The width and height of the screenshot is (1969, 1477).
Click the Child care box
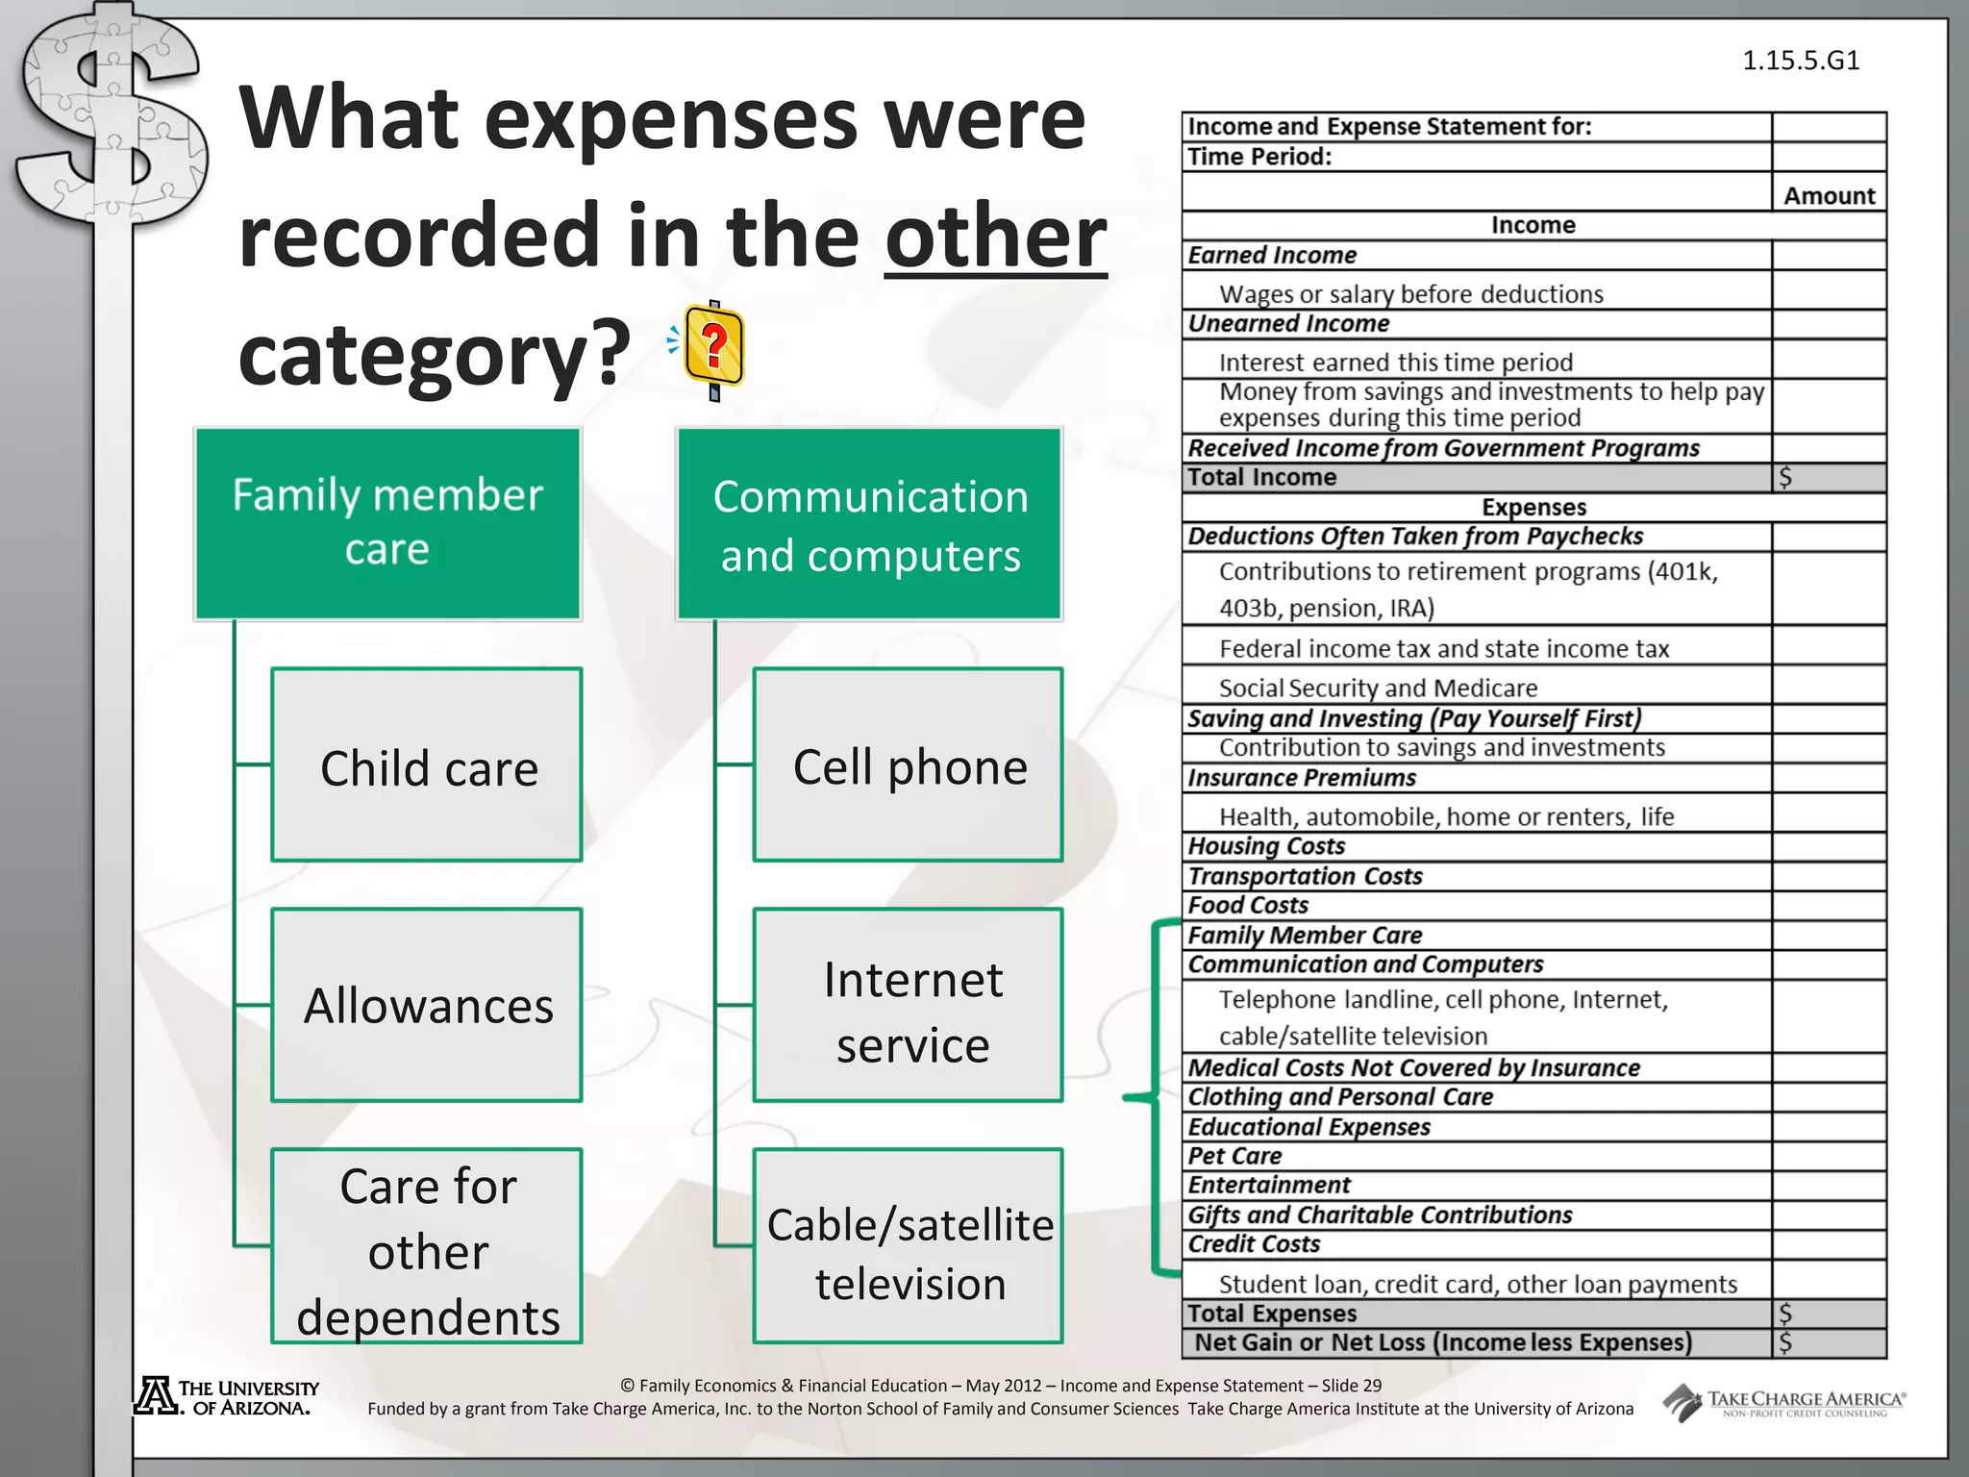coord(427,765)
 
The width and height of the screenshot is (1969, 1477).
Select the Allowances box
coord(427,1005)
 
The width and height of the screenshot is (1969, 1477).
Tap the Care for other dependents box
coord(427,1246)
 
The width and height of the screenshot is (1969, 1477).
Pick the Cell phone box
coord(909,765)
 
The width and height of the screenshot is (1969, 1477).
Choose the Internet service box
coord(909,1005)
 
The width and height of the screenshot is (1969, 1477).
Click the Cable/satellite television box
coord(909,1246)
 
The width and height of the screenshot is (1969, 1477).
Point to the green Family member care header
coord(387,524)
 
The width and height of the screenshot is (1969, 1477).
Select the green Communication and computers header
coord(870,524)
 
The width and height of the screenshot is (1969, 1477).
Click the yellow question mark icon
coord(713,348)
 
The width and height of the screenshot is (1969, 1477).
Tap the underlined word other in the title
coord(995,237)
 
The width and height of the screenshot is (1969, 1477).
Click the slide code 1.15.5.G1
coord(1801,61)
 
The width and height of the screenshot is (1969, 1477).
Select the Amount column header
coord(1829,196)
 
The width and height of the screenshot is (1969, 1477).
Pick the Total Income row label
coord(1262,477)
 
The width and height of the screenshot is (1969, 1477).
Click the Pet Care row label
coord(1235,1156)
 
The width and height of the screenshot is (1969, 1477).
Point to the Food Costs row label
coord(1248,905)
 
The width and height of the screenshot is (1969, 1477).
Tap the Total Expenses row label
coord(1272,1314)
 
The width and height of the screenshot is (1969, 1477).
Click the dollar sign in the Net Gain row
coord(1785,1342)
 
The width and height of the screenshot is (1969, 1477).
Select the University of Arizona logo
coord(227,1397)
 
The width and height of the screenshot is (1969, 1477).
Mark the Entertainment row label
coord(1269,1185)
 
